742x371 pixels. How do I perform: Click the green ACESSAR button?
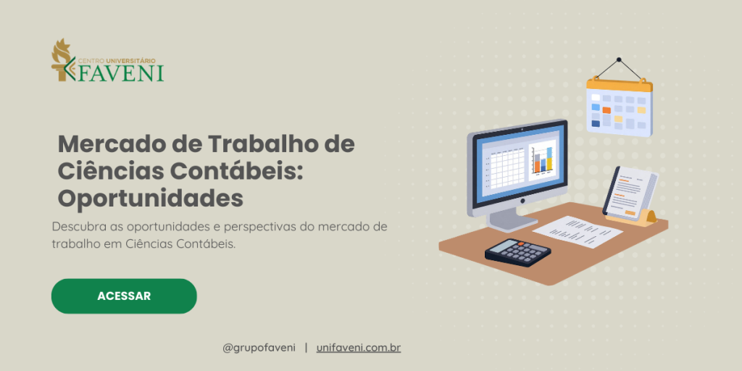pos(124,296)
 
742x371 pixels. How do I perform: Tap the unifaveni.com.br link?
pos(359,348)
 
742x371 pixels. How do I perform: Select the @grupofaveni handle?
pos(258,348)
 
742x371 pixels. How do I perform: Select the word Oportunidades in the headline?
pos(150,197)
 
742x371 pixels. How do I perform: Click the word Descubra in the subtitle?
pos(77,227)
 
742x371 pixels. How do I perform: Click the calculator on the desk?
pos(517,252)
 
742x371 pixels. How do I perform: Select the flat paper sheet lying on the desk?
pos(577,230)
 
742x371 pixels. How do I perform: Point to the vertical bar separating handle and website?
pos(306,348)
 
